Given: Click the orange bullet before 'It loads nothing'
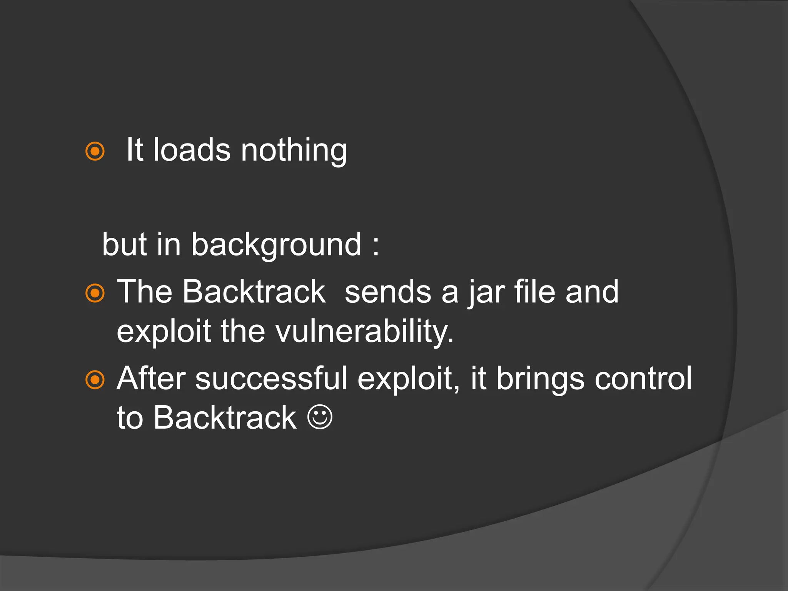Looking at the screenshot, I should click(x=95, y=151).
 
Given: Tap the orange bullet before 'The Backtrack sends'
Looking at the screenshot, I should click(x=95, y=293).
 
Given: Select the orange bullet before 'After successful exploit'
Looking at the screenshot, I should click(x=95, y=380).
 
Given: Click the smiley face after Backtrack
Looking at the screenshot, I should click(x=320, y=417).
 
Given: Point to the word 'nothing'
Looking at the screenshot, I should click(x=294, y=150).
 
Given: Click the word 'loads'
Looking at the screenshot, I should click(x=192, y=150).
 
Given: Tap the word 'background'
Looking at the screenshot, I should click(x=276, y=245).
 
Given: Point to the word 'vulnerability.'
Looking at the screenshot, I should click(x=365, y=332).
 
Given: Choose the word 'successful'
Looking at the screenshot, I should click(x=271, y=379).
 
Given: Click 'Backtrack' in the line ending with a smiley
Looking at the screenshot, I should click(x=225, y=418).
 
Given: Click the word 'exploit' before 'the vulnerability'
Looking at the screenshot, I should click(x=164, y=332).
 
